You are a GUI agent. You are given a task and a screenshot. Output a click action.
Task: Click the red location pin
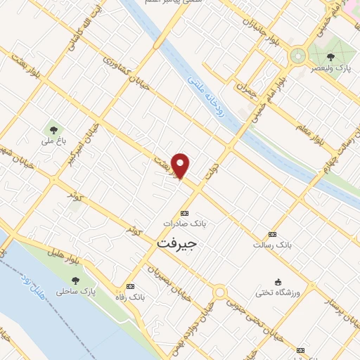pos(181,165)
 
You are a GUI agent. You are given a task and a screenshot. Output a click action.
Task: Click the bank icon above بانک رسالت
pos(272,234)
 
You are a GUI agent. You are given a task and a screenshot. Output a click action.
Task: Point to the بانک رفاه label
pos(131,297)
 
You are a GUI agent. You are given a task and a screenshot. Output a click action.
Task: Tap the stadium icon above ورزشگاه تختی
pos(278,281)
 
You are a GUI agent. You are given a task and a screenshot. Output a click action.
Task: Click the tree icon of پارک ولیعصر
pos(330,57)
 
